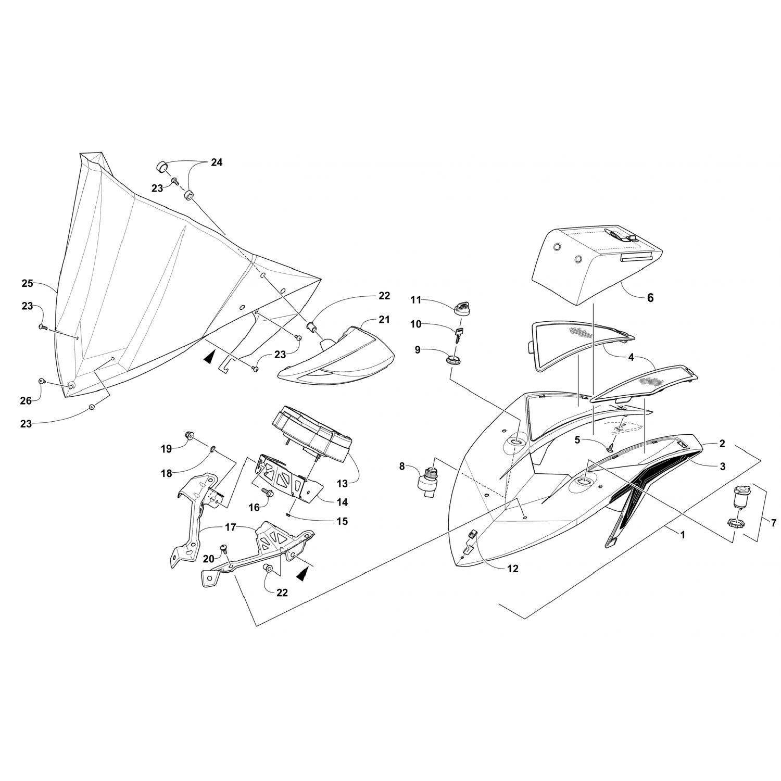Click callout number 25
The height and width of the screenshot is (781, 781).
click(28, 283)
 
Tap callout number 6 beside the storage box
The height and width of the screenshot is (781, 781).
click(650, 298)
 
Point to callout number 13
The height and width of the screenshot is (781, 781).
click(342, 483)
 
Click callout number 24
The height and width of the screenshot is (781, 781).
click(217, 162)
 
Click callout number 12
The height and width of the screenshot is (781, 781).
click(513, 569)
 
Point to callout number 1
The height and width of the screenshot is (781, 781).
click(683, 534)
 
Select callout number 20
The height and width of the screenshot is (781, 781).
click(208, 559)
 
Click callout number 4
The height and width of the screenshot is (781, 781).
click(631, 357)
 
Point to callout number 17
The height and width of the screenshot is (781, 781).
click(230, 527)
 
